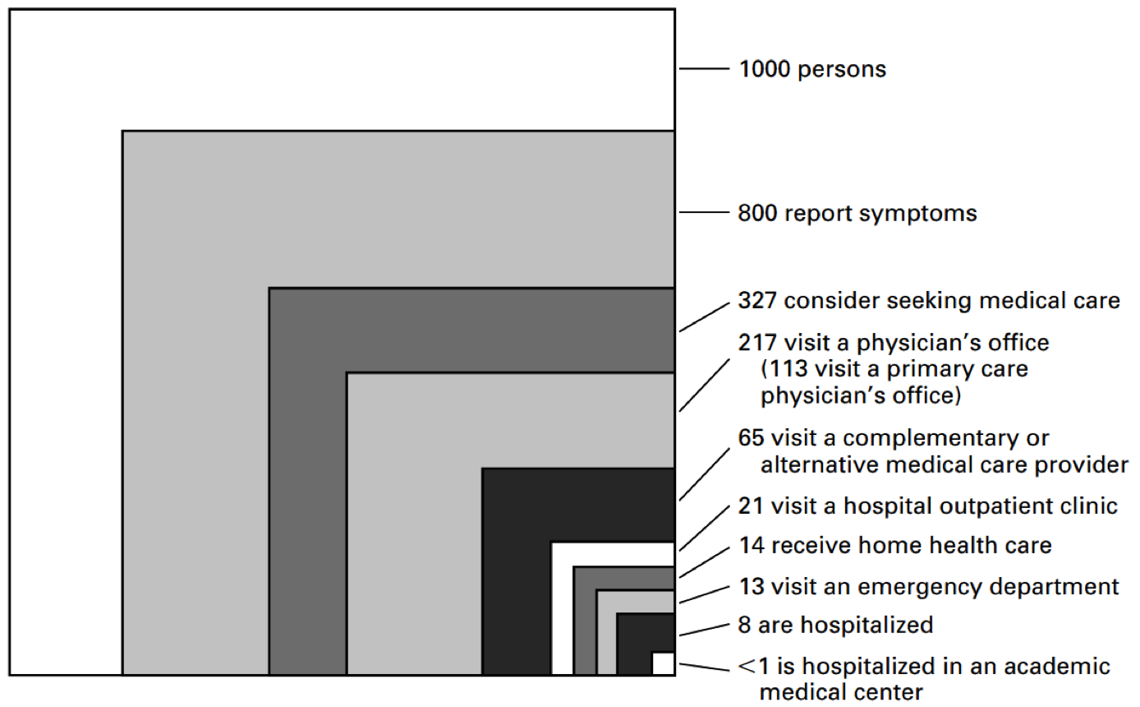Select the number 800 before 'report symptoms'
tap(756, 213)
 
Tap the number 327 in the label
tap(757, 301)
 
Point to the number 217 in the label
tap(757, 343)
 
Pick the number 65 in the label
tap(752, 438)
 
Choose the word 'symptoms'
tap(918, 214)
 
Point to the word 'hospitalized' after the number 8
tap(867, 626)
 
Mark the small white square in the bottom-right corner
tap(663, 663)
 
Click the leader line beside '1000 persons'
tap(705, 69)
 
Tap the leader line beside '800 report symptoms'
tap(705, 212)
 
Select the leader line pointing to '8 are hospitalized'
tap(705, 630)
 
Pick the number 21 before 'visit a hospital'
tap(752, 506)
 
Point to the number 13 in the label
tap(752, 587)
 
